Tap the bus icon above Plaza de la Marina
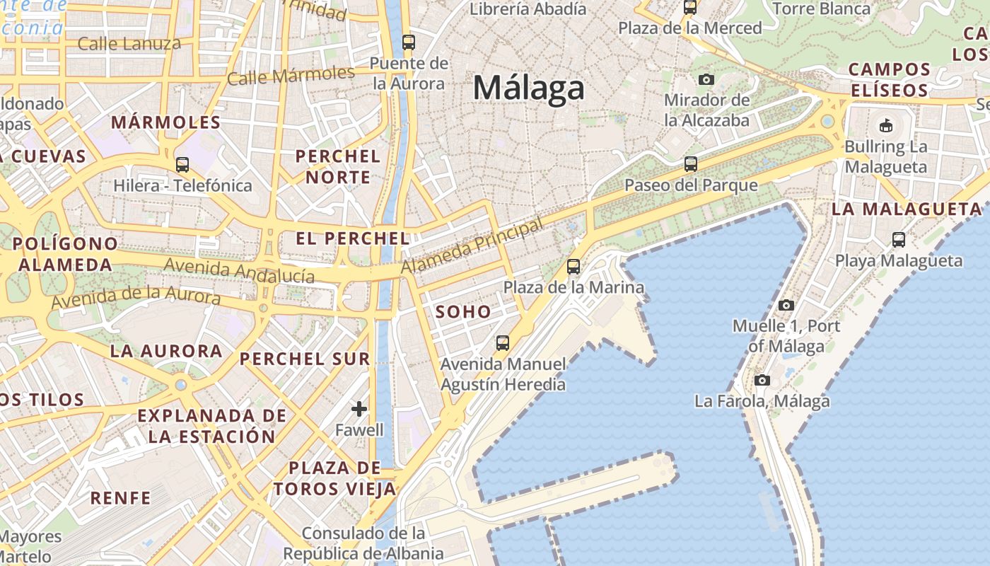pyautogui.click(x=573, y=267)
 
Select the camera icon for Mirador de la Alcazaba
pyautogui.click(x=706, y=79)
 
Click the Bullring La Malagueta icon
pyautogui.click(x=885, y=126)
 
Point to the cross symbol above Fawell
pyautogui.click(x=359, y=408)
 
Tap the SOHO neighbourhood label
pyautogui.click(x=463, y=311)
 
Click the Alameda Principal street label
pyautogui.click(x=472, y=247)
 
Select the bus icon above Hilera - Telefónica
pyautogui.click(x=182, y=165)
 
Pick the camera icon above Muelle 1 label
pyautogui.click(x=786, y=305)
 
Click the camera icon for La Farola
pyautogui.click(x=762, y=380)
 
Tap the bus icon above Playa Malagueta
pyautogui.click(x=898, y=239)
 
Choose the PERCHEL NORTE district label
pyautogui.click(x=338, y=166)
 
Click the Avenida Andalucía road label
pyautogui.click(x=239, y=270)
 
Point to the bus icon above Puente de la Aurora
pyautogui.click(x=408, y=42)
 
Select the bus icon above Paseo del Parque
pyautogui.click(x=691, y=164)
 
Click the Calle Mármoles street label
pyautogui.click(x=291, y=75)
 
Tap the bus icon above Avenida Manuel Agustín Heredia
pyautogui.click(x=503, y=343)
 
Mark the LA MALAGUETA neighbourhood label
pyautogui.click(x=907, y=209)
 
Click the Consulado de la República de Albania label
pyautogui.click(x=363, y=543)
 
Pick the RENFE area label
pyautogui.click(x=121, y=498)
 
